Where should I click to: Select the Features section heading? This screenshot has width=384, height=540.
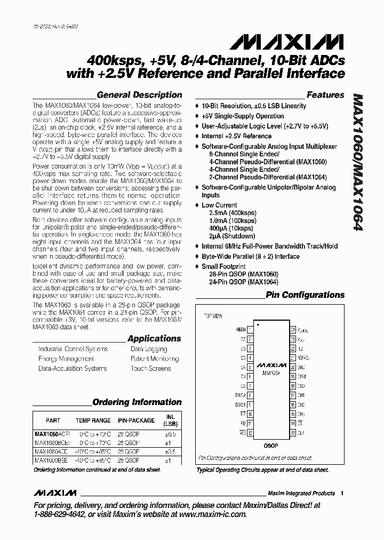tap(325, 95)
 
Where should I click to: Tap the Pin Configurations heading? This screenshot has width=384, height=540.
tap(305, 295)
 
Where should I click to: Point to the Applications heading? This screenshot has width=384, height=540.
tap(154, 338)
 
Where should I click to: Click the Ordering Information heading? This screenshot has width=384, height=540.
tap(137, 402)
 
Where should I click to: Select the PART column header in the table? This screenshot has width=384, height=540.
tap(53, 420)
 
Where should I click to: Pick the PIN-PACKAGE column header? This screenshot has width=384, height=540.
tap(136, 420)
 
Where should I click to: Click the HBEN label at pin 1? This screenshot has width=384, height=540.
tap(241, 330)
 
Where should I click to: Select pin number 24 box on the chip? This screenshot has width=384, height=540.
tap(293, 330)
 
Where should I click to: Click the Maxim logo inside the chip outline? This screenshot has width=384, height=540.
tap(271, 366)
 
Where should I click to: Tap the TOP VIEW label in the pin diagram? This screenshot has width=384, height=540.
tap(213, 316)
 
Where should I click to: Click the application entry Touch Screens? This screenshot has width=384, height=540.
tap(150, 369)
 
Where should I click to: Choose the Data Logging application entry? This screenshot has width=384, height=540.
tap(149, 349)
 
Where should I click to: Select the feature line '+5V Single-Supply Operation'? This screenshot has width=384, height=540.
tap(242, 116)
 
